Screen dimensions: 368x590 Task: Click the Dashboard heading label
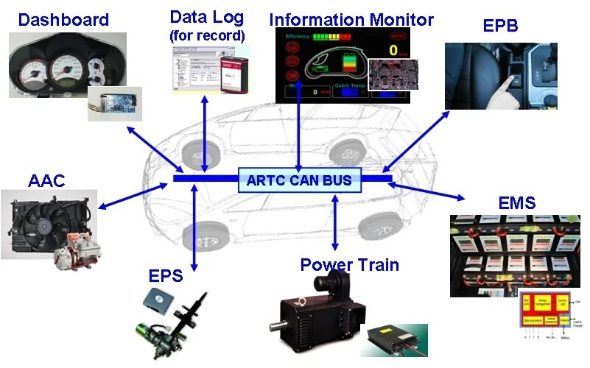click(x=63, y=19)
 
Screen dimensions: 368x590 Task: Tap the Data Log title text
click(x=207, y=16)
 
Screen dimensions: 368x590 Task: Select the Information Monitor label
click(x=351, y=19)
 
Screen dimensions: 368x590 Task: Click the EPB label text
click(x=500, y=26)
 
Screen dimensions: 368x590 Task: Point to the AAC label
click(x=46, y=180)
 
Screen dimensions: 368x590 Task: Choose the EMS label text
click(x=517, y=202)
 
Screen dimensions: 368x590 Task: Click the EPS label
click(x=166, y=277)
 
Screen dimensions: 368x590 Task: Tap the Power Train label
click(x=349, y=264)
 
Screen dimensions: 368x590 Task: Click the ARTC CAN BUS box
click(x=300, y=180)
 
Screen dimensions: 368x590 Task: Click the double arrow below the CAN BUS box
click(x=335, y=221)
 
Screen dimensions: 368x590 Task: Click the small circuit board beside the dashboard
click(x=114, y=103)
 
